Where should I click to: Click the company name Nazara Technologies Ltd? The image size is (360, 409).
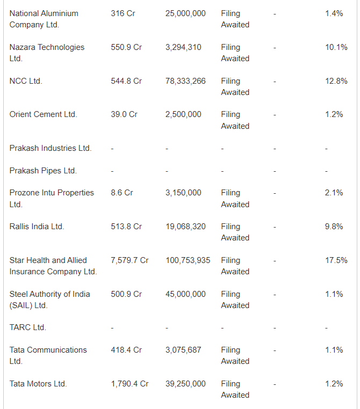[47, 53]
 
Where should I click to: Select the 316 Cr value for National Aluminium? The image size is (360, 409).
[123, 13]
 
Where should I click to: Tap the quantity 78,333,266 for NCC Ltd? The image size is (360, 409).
[185, 81]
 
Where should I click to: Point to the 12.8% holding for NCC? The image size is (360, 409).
[336, 81]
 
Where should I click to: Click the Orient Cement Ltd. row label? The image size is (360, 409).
[44, 114]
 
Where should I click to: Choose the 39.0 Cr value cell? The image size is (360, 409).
[124, 114]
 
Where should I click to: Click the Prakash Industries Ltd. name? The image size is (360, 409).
[51, 148]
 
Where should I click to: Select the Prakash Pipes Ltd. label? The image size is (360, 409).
[43, 171]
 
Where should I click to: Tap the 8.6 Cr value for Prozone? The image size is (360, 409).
[122, 193]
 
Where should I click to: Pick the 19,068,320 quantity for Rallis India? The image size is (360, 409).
[185, 227]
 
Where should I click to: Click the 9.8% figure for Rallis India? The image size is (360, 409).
[334, 227]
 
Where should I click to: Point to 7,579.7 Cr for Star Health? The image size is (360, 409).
[129, 260]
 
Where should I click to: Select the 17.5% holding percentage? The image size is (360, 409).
[336, 260]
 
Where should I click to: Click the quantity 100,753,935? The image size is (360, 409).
[188, 260]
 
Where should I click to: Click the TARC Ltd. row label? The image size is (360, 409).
[28, 327]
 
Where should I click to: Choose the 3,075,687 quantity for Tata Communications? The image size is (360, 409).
[183, 350]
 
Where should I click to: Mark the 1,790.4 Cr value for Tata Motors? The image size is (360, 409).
[129, 384]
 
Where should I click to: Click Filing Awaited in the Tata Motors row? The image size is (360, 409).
[235, 389]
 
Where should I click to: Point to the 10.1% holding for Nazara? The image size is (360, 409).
[336, 47]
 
